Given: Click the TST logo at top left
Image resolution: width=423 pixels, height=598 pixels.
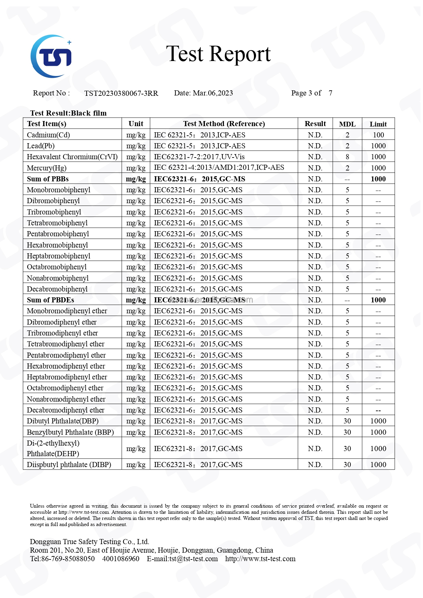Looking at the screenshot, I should pos(51,56).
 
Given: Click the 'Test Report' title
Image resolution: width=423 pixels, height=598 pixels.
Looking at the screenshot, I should pos(218,54).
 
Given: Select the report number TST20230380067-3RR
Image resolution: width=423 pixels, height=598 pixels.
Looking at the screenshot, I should pos(121,93).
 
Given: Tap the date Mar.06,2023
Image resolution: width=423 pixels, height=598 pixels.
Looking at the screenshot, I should pos(213,93).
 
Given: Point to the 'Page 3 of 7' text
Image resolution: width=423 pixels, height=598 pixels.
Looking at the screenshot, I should pos(312,93).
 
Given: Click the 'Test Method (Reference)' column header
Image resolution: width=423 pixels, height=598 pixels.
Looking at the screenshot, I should pos(224,124).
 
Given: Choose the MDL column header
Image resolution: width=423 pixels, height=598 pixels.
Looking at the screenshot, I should pos(347,124).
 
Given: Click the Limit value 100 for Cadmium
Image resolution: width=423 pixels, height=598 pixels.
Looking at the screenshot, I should pos(378,135).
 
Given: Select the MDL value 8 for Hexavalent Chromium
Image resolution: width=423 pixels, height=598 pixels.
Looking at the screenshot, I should pos(347,157).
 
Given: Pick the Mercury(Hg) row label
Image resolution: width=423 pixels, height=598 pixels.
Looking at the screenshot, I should pos(47,168).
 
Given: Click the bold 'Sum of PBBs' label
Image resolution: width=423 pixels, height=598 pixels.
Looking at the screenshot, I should pos(48,179).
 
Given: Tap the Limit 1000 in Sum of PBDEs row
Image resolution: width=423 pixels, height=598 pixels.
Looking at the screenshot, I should pos(378,300).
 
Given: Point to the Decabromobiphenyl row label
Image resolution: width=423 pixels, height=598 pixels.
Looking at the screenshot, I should pos(57,289).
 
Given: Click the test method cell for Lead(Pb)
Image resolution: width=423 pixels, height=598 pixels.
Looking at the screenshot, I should pos(199,146).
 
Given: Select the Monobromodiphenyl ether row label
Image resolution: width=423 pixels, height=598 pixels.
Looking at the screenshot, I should pos(67,311).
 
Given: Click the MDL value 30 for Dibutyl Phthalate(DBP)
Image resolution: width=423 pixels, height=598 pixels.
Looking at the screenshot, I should pos(347,421).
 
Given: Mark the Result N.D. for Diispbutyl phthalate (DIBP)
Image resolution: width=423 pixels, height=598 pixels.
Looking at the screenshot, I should pos(315,465).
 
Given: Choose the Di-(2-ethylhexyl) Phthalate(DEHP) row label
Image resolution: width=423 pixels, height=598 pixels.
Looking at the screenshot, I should pos(53,448).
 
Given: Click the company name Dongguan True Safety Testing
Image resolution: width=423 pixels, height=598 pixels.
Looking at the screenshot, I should pos(89,542).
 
